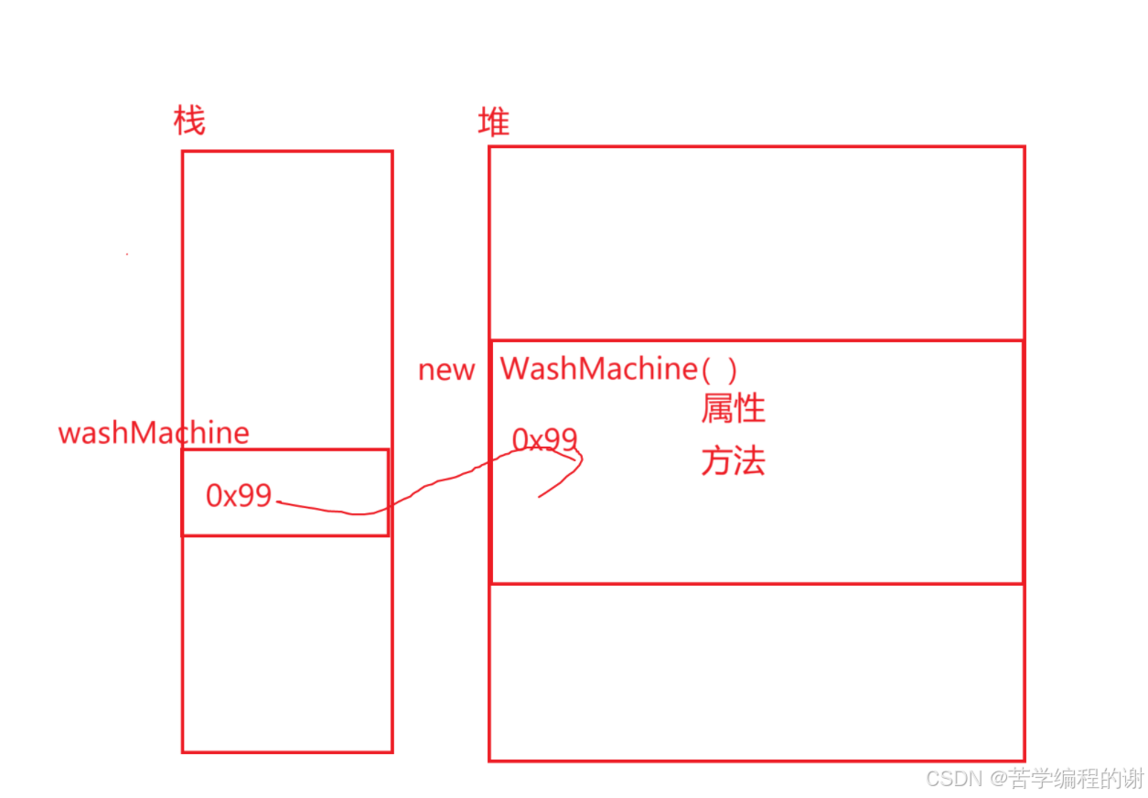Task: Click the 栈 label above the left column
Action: point(189,121)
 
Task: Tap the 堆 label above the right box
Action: point(494,122)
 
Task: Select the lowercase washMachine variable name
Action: point(154,433)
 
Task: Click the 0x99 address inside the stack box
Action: point(239,495)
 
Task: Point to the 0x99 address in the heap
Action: point(543,440)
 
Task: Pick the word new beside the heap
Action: point(446,371)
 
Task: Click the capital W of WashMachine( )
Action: point(513,369)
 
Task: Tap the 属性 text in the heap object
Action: point(733,408)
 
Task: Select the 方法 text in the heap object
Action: point(733,461)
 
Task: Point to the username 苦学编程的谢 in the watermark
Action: point(1077,779)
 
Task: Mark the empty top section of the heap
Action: point(756,243)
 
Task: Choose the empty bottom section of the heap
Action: point(756,671)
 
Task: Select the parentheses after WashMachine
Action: point(719,370)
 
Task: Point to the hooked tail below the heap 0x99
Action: point(563,480)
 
